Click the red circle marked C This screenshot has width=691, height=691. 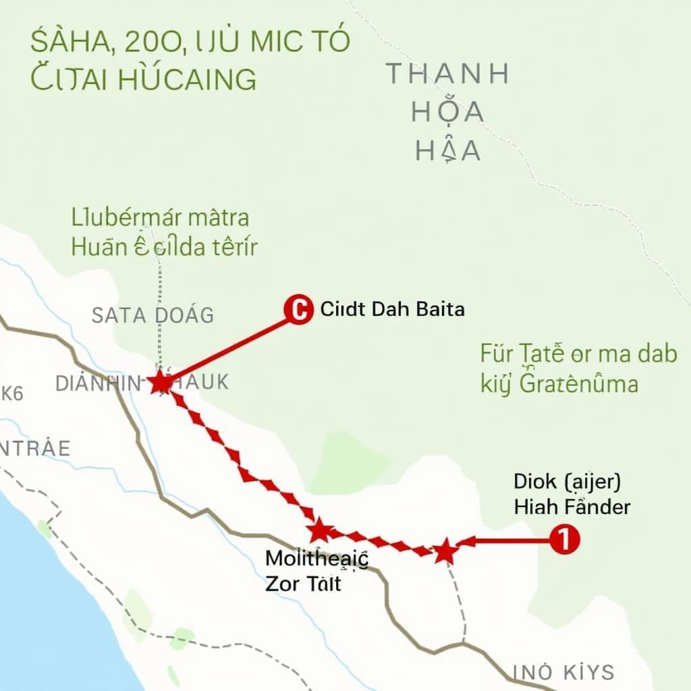click(x=298, y=310)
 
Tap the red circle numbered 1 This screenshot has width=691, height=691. click(x=564, y=541)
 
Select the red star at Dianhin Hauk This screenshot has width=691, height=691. click(x=161, y=383)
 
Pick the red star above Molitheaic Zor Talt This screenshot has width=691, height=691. click(x=320, y=530)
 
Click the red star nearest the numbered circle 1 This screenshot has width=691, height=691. click(x=444, y=551)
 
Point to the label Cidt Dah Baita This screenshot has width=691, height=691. click(x=392, y=310)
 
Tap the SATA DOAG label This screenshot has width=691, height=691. click(x=153, y=314)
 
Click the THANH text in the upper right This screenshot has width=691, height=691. click(x=447, y=74)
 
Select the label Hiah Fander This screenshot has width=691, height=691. click(x=572, y=507)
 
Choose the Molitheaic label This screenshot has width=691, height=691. click(x=316, y=559)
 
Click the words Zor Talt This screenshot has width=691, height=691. click(x=304, y=583)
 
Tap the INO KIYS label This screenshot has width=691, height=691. click(x=564, y=672)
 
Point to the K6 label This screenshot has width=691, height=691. click(x=11, y=393)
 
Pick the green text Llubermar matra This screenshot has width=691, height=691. click(x=160, y=218)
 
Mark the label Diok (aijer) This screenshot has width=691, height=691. click(x=567, y=482)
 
